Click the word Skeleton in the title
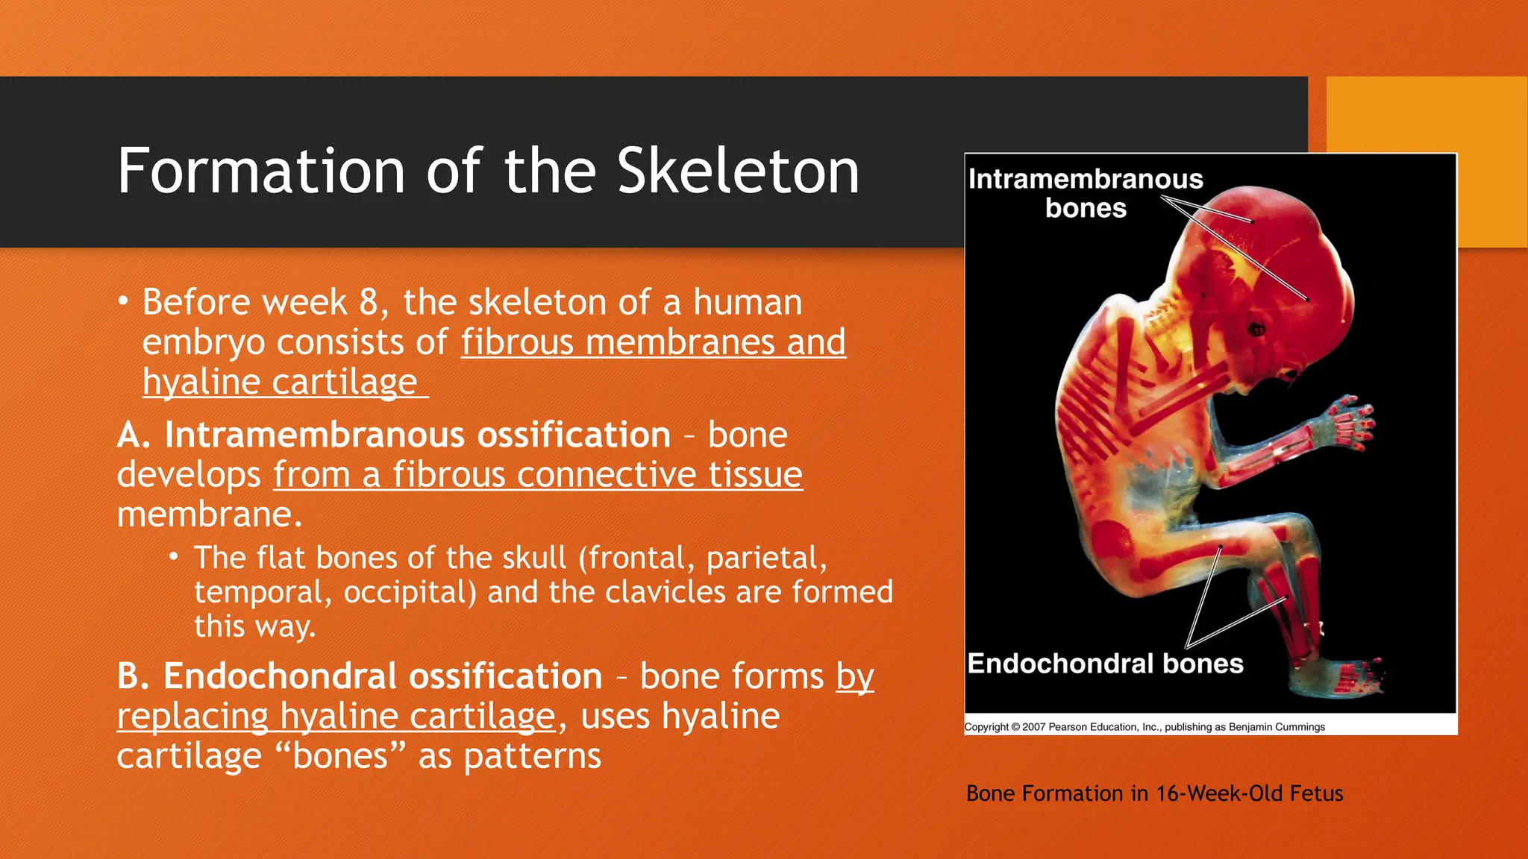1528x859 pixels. click(x=738, y=172)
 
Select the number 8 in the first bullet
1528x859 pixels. click(x=369, y=303)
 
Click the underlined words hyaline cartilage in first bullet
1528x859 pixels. click(x=280, y=383)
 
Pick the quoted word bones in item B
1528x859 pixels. click(x=340, y=756)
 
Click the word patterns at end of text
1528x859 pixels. click(x=532, y=756)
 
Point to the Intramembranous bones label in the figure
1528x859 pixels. click(x=1086, y=193)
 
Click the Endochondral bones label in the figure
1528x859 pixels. click(x=1105, y=664)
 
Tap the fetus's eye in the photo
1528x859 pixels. click(x=1256, y=328)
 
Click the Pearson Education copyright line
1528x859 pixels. click(x=1145, y=727)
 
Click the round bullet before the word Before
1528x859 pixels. click(x=123, y=302)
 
